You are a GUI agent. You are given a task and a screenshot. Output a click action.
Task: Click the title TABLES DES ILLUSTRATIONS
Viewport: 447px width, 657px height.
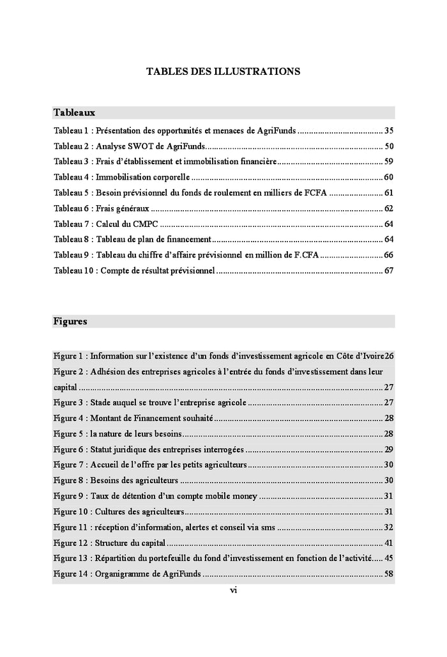(x=223, y=72)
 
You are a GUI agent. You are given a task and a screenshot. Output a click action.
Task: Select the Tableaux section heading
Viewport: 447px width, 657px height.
(x=74, y=112)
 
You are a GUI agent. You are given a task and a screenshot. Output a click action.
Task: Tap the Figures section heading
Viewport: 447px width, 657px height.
(x=70, y=321)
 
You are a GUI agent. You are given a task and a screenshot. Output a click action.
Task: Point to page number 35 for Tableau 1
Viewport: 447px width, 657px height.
(x=389, y=130)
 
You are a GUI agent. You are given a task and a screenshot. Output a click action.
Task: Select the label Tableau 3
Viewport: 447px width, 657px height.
(x=70, y=162)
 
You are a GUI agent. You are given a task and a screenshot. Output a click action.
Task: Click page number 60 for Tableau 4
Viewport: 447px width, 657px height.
(x=389, y=177)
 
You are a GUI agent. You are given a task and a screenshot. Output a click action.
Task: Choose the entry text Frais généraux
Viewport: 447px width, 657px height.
(x=123, y=208)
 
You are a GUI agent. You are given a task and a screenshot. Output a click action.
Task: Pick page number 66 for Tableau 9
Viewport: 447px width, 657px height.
(x=389, y=255)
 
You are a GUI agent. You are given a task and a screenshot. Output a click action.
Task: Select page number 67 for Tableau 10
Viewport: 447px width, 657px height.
(x=389, y=270)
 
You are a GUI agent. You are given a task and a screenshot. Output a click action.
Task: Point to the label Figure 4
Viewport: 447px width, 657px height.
(x=69, y=419)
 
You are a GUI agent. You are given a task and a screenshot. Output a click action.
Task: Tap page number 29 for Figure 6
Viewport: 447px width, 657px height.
(x=389, y=449)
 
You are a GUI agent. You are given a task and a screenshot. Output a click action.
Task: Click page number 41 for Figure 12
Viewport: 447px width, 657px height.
(x=389, y=543)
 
